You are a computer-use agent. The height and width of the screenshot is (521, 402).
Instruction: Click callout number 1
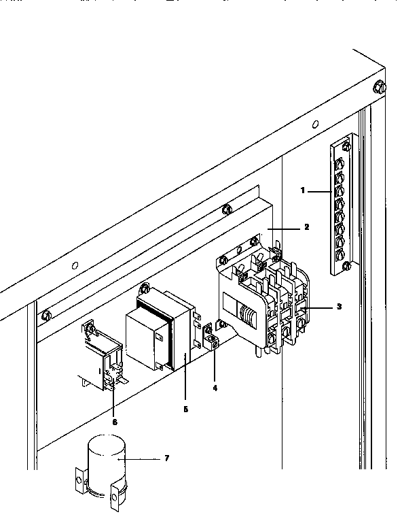click(x=303, y=191)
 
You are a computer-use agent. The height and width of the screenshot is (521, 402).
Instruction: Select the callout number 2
click(x=307, y=226)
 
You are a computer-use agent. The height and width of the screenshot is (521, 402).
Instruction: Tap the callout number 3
click(x=339, y=307)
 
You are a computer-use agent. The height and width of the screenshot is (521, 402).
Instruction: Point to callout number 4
click(x=215, y=388)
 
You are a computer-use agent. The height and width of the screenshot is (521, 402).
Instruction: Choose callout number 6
click(x=115, y=422)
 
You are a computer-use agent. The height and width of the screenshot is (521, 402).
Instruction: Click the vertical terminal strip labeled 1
click(x=339, y=205)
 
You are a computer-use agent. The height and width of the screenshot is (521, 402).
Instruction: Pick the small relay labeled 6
click(x=103, y=360)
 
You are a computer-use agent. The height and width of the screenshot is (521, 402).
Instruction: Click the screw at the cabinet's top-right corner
click(x=379, y=86)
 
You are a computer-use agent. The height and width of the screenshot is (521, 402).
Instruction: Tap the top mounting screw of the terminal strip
click(x=346, y=144)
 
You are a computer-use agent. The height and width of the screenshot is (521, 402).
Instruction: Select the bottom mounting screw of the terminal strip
click(x=346, y=265)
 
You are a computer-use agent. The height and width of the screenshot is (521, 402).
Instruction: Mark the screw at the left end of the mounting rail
click(x=46, y=315)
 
